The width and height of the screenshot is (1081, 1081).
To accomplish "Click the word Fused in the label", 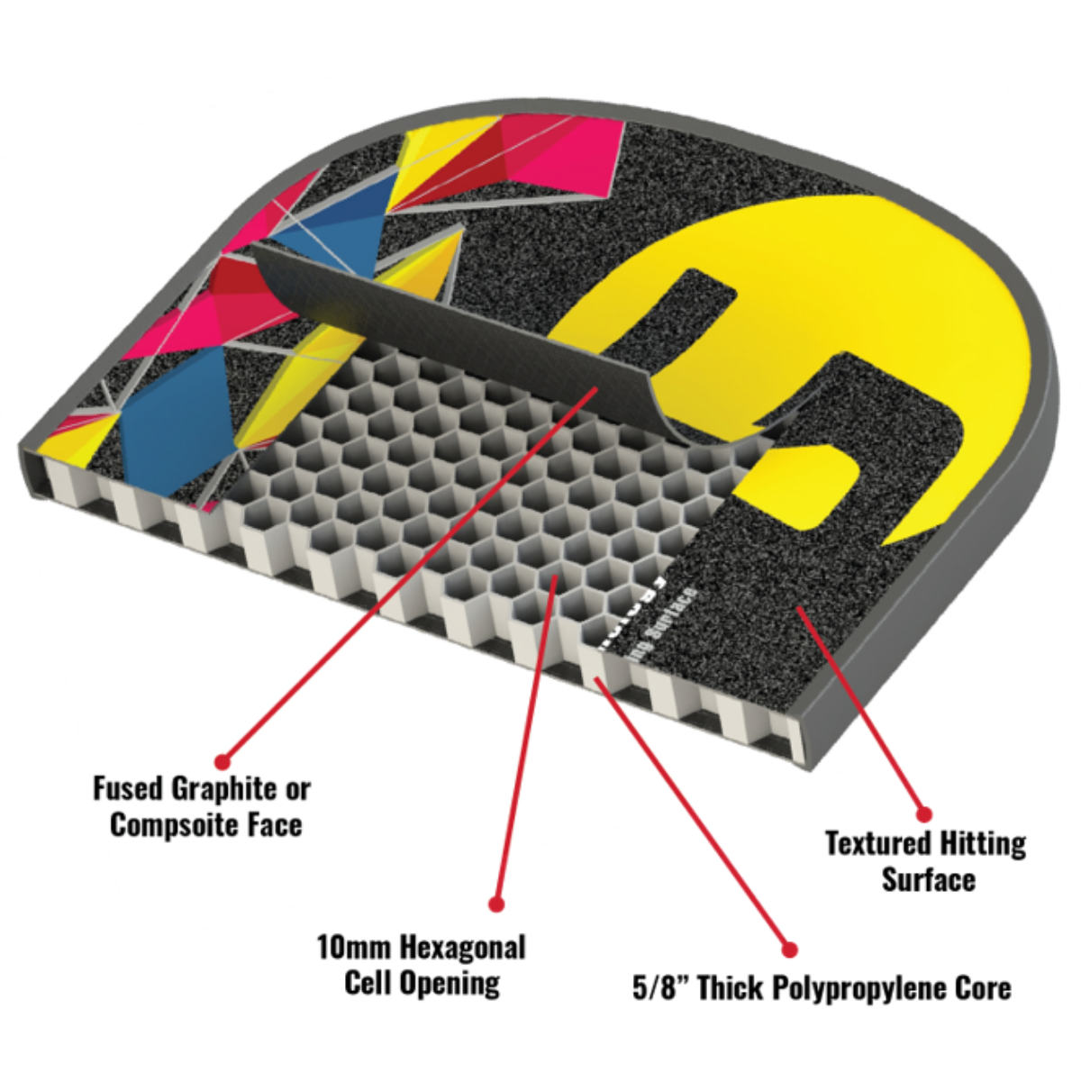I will [x=129, y=789].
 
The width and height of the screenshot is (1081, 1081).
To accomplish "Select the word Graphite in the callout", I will [x=224, y=789].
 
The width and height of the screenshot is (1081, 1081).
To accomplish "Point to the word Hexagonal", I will [x=462, y=948].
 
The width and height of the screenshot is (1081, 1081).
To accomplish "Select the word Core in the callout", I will [x=983, y=988].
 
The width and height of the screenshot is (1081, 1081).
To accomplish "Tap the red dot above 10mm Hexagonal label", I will [x=495, y=904].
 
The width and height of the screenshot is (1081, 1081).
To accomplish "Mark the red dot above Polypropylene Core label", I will [x=789, y=949].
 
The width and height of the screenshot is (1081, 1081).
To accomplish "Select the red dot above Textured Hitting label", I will [x=923, y=814].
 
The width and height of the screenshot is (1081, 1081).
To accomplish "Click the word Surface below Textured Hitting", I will [x=928, y=880].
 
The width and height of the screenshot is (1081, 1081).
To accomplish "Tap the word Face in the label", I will [x=274, y=825].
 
